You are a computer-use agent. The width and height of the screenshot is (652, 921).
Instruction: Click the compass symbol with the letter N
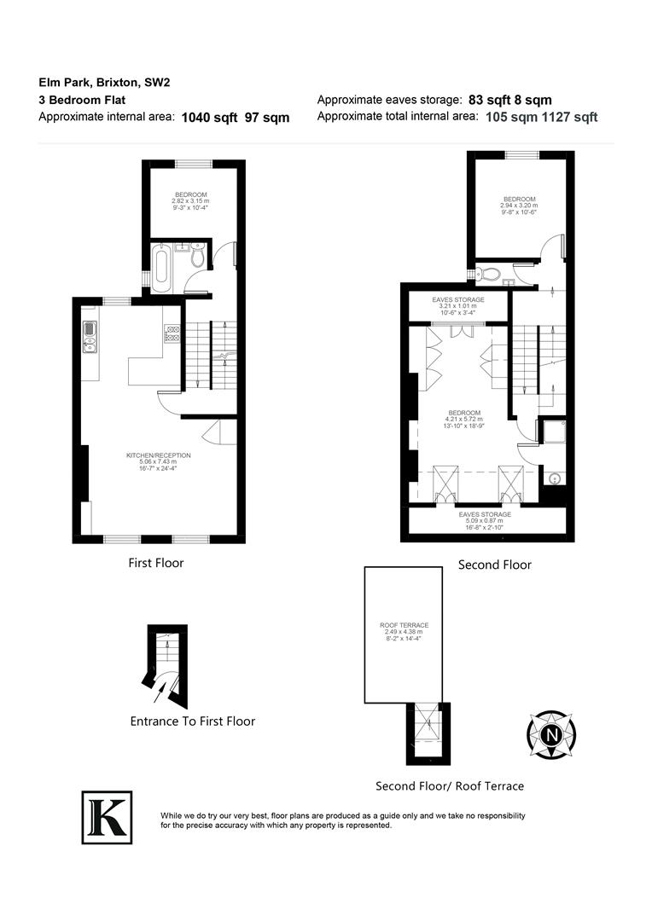(552, 734)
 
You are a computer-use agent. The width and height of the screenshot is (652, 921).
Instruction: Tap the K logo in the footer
(107, 817)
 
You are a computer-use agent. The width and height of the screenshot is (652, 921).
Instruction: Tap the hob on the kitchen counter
(172, 335)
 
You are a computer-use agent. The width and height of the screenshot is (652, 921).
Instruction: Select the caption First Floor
(156, 563)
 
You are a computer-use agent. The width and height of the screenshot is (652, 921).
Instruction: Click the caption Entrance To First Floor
(192, 721)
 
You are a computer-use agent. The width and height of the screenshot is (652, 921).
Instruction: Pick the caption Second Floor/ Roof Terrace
(450, 786)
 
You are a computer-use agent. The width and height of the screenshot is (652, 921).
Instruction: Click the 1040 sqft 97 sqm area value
(236, 119)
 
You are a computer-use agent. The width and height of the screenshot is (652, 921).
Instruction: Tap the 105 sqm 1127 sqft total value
(542, 118)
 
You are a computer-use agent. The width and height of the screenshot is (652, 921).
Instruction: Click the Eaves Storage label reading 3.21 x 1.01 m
(459, 306)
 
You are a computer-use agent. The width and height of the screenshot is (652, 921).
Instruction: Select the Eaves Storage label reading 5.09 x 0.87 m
(485, 521)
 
